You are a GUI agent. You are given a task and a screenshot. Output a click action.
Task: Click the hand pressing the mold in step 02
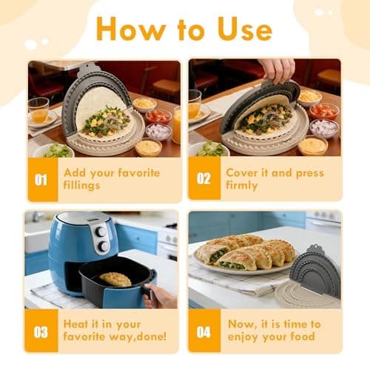point(277,70)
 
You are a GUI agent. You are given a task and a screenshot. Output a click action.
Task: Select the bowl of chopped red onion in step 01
point(158,131)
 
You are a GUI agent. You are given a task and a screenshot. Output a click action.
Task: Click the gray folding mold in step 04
point(314,271)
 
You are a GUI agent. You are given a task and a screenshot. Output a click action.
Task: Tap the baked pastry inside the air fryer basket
point(115,278)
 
